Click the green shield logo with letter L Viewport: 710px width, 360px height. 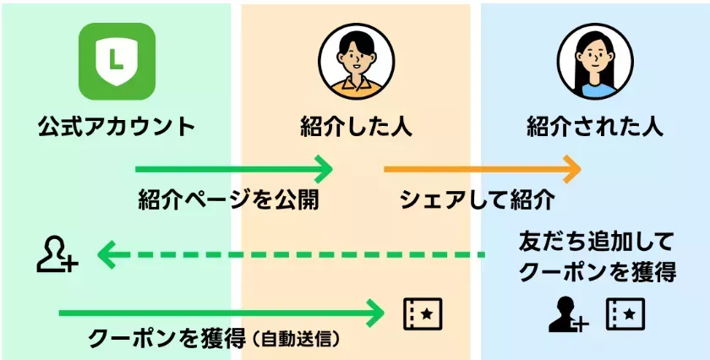click(x=117, y=61)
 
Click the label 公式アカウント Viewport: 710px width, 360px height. click(x=117, y=128)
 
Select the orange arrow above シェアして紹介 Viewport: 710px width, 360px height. click(x=483, y=169)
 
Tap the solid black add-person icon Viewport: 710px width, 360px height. click(x=567, y=314)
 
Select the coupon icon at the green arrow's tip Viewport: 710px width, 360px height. click(x=422, y=314)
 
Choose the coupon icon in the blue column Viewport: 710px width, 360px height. click(x=625, y=314)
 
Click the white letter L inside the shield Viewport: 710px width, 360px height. click(x=117, y=58)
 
